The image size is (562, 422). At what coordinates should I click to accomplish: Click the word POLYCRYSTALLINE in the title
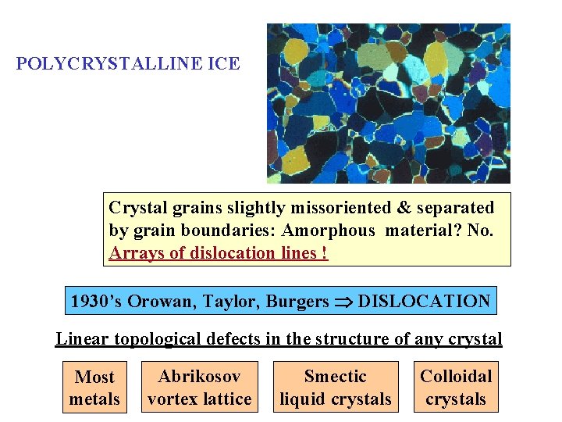(x=110, y=64)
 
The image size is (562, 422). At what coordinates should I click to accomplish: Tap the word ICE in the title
(x=224, y=64)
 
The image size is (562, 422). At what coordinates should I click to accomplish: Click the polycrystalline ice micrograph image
(x=388, y=103)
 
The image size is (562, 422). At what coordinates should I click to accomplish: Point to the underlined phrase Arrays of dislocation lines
(x=219, y=253)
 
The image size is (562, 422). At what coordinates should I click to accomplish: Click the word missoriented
(x=349, y=208)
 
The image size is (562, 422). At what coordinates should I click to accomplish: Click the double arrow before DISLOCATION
(x=344, y=302)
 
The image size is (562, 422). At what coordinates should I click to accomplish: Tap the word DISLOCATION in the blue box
(x=425, y=301)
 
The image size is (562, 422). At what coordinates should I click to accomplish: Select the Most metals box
(x=94, y=388)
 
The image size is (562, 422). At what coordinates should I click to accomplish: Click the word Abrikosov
(x=199, y=377)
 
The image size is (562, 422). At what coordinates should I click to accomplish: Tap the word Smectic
(x=336, y=377)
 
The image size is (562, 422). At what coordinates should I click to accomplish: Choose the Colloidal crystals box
(x=456, y=388)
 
